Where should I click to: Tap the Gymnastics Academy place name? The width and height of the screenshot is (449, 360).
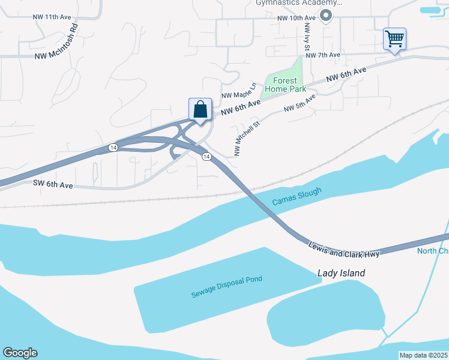pyautogui.click(x=294, y=3)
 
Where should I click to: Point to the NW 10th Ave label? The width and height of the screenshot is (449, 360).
pyautogui.click(x=297, y=18)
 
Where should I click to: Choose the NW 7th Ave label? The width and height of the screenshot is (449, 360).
pyautogui.click(x=323, y=55)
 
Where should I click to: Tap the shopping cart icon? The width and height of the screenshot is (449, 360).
pyautogui.click(x=394, y=39)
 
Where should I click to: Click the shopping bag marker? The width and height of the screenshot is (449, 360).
pyautogui.click(x=200, y=110)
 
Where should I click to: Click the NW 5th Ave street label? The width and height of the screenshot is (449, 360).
pyautogui.click(x=299, y=103)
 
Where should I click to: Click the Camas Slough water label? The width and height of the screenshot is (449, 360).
pyautogui.click(x=297, y=196)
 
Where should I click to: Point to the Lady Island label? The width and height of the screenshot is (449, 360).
pyautogui.click(x=341, y=273)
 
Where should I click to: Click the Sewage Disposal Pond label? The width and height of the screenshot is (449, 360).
pyautogui.click(x=227, y=287)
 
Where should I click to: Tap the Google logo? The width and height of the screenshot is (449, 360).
pyautogui.click(x=20, y=353)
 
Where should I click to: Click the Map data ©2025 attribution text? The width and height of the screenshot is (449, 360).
pyautogui.click(x=424, y=355)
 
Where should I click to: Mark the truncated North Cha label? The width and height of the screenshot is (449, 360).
pyautogui.click(x=433, y=251)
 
